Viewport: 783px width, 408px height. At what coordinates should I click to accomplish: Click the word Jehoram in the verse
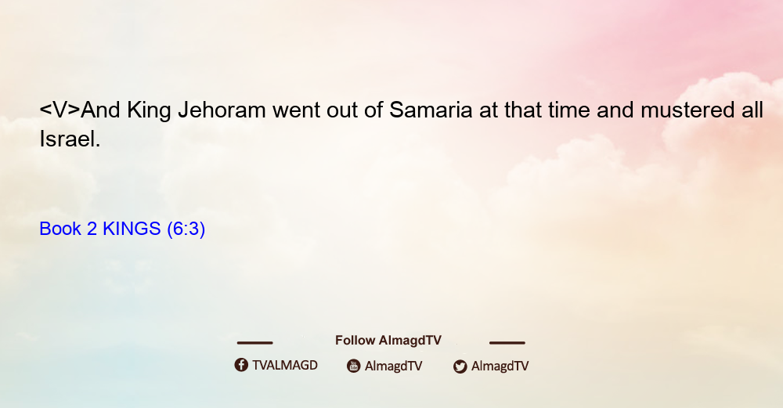coord(222,110)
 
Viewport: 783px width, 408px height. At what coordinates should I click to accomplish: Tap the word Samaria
coord(431,110)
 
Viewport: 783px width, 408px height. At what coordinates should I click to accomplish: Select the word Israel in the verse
coord(70,139)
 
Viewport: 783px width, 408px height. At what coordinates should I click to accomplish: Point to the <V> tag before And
coord(60,110)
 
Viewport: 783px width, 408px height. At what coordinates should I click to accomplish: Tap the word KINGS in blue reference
coord(132,229)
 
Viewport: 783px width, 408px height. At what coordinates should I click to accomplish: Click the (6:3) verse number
coord(186,229)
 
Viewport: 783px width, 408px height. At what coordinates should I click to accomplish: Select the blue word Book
coord(60,229)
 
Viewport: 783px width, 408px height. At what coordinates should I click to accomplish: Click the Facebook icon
coord(241,365)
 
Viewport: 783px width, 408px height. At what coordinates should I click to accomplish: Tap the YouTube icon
coord(354,366)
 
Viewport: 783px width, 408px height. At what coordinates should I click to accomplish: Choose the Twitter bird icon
coord(460,366)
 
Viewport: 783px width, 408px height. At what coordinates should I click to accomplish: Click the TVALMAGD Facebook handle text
coord(285,366)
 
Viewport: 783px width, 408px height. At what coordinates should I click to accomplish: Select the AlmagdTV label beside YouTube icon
coord(394,366)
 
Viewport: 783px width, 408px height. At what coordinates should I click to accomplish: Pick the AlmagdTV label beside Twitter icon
coord(500,366)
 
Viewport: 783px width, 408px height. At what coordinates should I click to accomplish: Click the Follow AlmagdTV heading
coord(388,341)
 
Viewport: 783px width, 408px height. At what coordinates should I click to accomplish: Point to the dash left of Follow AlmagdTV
coord(254,342)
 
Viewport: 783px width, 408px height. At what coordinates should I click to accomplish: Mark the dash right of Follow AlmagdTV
coord(507,342)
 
